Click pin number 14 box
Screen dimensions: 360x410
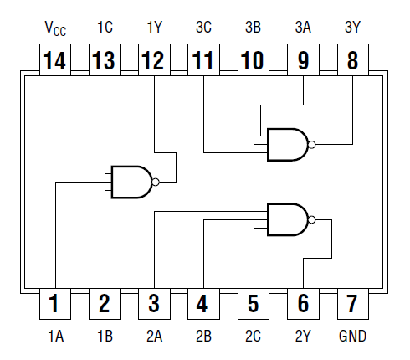(x=54, y=60)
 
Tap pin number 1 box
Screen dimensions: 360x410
(x=54, y=303)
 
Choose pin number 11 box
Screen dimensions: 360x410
(x=203, y=60)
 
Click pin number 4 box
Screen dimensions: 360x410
(x=203, y=303)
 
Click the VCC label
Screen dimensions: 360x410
(x=54, y=27)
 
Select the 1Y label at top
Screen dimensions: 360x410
(x=154, y=26)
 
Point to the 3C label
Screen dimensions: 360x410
(x=203, y=26)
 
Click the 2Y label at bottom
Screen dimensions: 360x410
(x=304, y=337)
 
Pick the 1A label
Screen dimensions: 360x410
(x=54, y=337)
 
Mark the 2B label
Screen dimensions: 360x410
(x=203, y=337)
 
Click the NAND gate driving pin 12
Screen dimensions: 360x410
(x=131, y=181)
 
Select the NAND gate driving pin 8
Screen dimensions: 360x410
(x=287, y=145)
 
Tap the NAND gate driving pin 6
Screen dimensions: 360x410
(x=287, y=219)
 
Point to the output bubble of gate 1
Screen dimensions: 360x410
(x=155, y=181)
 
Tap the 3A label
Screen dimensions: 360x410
(x=304, y=26)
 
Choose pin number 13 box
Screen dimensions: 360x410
(x=104, y=60)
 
